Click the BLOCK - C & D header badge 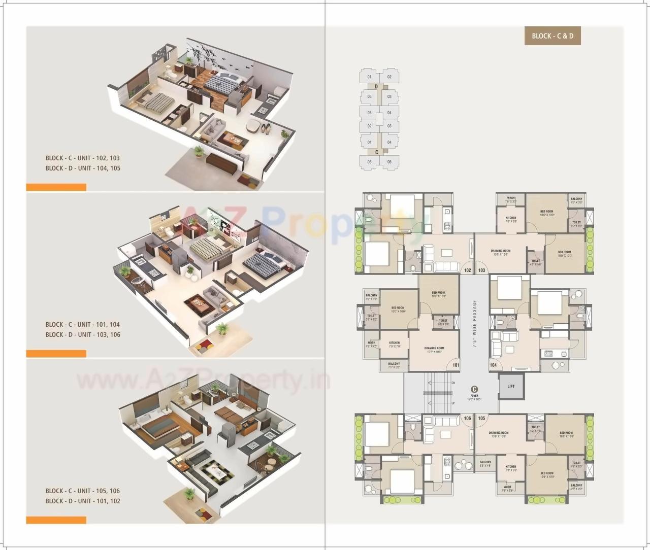tap(552, 36)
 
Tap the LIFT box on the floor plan tap(511, 387)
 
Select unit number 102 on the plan tap(468, 270)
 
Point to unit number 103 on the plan tap(481, 270)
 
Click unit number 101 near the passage tap(456, 365)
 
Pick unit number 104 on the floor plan tap(493, 365)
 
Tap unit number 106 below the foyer tap(468, 419)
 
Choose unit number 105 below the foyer tap(481, 419)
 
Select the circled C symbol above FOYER tap(474, 389)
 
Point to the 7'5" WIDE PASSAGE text tap(475, 323)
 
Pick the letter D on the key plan tap(376, 87)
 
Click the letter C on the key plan tap(376, 152)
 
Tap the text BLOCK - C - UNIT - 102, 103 tap(83, 158)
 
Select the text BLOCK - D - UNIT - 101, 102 tap(83, 501)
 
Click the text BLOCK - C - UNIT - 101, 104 tap(83, 325)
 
